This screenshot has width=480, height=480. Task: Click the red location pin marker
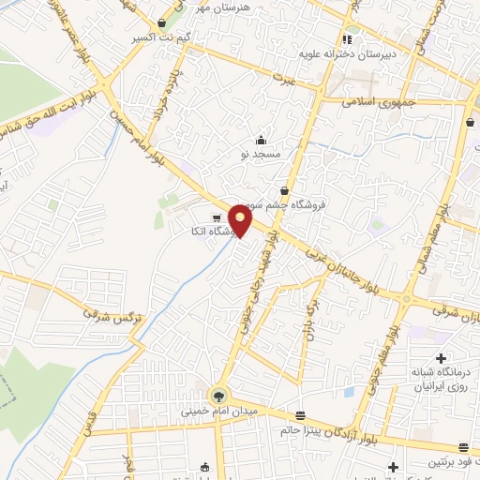coord(241,221)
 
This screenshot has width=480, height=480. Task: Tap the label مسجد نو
coord(258,151)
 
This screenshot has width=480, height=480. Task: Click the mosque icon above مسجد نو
coord(260,139)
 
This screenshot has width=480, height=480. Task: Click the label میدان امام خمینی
coord(217,410)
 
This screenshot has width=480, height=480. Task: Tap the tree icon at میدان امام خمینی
coord(218,395)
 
